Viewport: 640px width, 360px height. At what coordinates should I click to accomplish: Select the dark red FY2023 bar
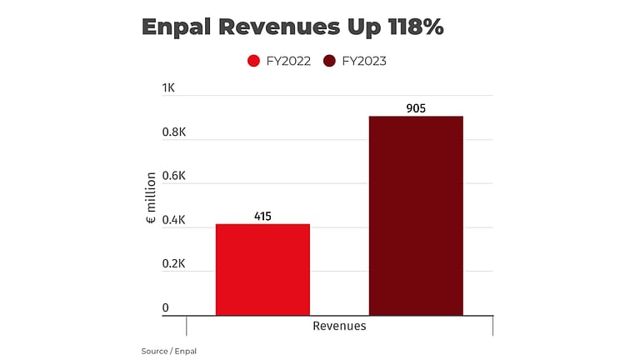416,216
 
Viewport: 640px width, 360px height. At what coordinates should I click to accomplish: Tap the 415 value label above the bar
262,217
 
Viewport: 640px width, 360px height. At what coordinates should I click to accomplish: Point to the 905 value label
416,108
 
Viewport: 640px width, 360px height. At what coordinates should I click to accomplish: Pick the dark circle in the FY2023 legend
329,61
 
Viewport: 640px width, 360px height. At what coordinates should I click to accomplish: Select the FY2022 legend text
288,61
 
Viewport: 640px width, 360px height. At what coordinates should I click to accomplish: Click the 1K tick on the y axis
169,88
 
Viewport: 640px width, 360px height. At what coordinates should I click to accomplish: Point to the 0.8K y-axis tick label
173,132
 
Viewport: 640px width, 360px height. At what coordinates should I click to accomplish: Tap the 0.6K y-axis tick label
173,176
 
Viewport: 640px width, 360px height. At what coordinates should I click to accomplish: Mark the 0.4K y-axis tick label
173,220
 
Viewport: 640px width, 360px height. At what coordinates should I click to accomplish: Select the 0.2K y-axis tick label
173,263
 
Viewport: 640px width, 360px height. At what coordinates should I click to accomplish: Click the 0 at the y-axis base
166,307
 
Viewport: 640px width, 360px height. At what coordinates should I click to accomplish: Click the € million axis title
151,200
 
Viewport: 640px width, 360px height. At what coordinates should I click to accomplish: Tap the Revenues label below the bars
339,326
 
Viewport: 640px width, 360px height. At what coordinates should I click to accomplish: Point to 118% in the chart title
415,27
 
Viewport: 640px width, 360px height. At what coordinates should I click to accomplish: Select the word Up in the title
360,27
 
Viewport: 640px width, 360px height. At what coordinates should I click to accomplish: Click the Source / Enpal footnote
169,351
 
